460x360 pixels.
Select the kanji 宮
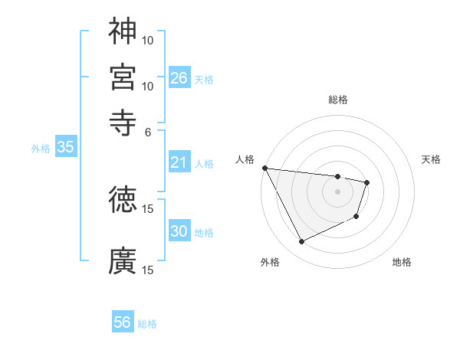point(123,76)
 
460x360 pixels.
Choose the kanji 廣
point(123,260)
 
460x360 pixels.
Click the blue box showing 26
point(179,78)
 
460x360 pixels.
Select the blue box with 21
point(179,162)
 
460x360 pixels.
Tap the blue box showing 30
point(179,231)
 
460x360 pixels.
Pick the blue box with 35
point(66,148)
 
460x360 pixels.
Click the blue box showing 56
point(123,322)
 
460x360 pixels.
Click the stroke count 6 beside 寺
point(148,131)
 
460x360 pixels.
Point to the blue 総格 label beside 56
point(147,324)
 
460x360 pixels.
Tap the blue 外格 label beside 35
point(41,149)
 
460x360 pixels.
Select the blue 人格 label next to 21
point(204,164)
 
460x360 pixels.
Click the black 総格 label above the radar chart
point(337,100)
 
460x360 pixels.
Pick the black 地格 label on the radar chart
point(402,262)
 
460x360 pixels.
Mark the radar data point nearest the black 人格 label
point(264,168)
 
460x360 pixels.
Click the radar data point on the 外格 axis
point(301,242)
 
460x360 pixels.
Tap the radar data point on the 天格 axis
point(367,182)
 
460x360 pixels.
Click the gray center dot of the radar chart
point(337,191)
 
